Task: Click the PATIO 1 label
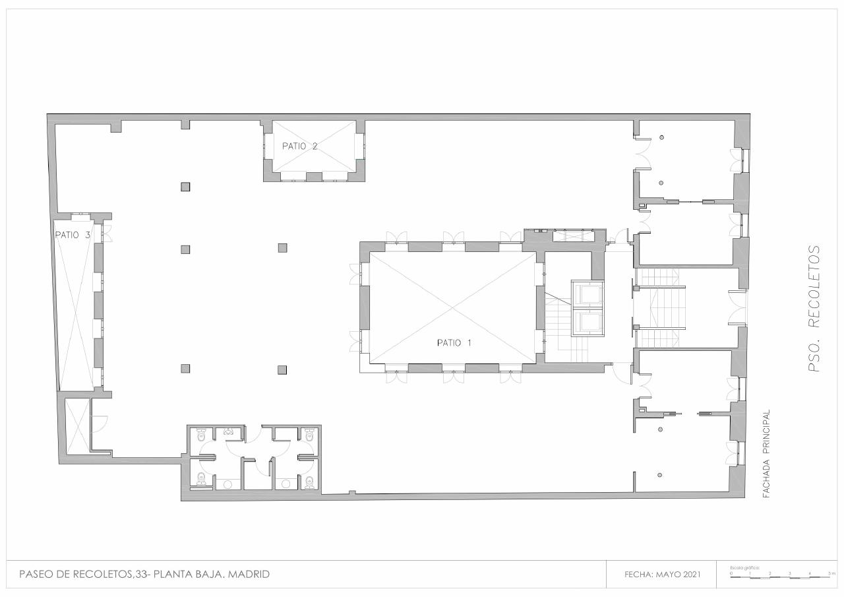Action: pos(454,343)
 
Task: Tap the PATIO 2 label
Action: pos(299,146)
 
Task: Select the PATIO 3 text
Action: pos(72,235)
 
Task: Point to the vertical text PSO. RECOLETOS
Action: pos(815,308)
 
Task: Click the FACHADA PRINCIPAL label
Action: pos(766,454)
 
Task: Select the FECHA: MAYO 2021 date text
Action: pos(662,575)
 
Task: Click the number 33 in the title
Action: pos(141,575)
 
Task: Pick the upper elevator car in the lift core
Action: pos(587,294)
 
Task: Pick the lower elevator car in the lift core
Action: pos(587,323)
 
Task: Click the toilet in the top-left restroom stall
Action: pos(202,435)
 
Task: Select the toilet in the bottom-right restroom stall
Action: pos(309,481)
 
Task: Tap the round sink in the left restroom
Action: pos(228,484)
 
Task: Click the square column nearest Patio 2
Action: pos(185,187)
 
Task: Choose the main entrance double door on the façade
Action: pos(737,308)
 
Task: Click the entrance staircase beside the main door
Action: pos(659,308)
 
